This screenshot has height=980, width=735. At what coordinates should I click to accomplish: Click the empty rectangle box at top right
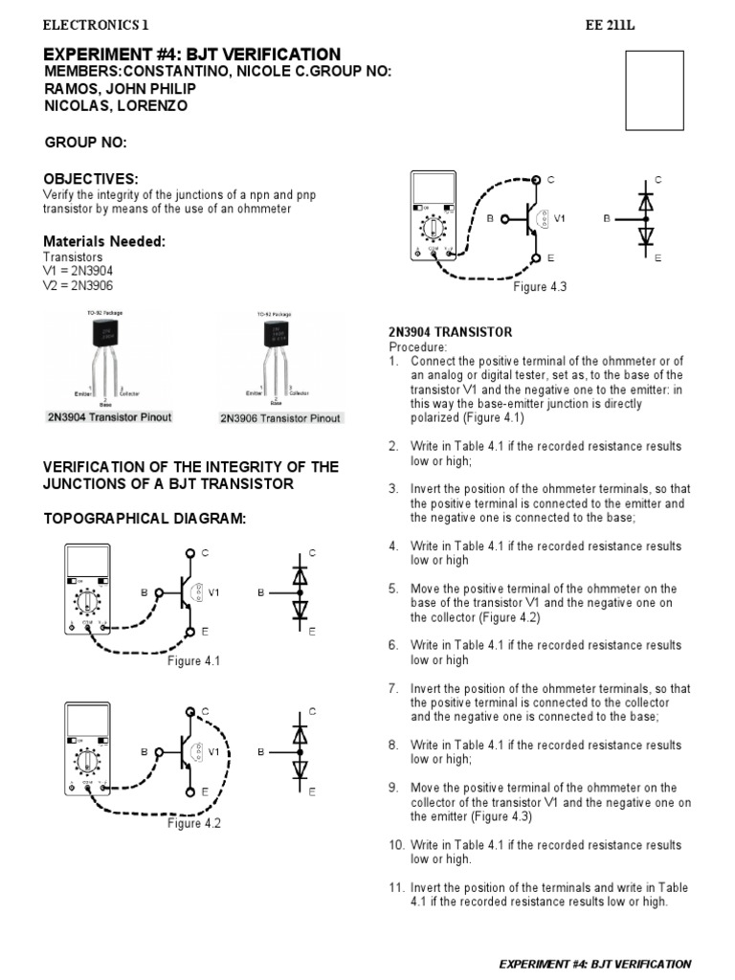coord(654,90)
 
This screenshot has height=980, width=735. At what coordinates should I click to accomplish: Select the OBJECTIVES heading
coord(92,179)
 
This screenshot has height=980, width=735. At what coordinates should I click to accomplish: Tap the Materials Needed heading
coord(105,241)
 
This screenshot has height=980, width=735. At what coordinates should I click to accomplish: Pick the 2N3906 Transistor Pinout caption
coord(280,418)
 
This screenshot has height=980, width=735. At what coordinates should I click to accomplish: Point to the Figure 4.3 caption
coord(541,287)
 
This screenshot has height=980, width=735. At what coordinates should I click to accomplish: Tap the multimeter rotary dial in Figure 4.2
coord(87,764)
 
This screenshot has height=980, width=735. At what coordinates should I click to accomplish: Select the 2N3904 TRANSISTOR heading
coord(450,332)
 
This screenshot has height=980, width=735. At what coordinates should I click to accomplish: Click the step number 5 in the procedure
coord(393,589)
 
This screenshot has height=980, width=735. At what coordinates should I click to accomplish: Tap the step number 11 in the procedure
coord(396,888)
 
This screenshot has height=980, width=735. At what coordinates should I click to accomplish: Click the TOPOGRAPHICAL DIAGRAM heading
coord(145,519)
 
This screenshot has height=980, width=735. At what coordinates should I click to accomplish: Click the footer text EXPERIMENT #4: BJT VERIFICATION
coord(595,964)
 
